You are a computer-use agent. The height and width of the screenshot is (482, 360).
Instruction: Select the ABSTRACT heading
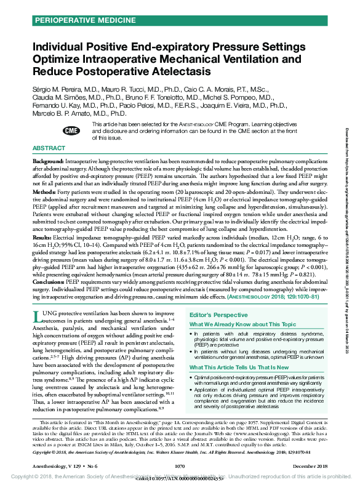click(49, 149)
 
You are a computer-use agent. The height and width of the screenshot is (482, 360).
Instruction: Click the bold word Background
click(47, 161)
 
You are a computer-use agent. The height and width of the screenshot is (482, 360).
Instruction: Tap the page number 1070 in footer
click(180, 467)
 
